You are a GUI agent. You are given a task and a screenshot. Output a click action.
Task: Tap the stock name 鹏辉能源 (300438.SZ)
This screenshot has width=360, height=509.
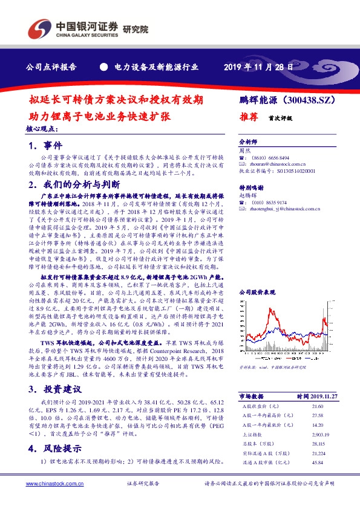pyautogui.click(x=283, y=98)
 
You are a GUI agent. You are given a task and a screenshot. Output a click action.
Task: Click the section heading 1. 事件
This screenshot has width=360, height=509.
pyautogui.click(x=45, y=146)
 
